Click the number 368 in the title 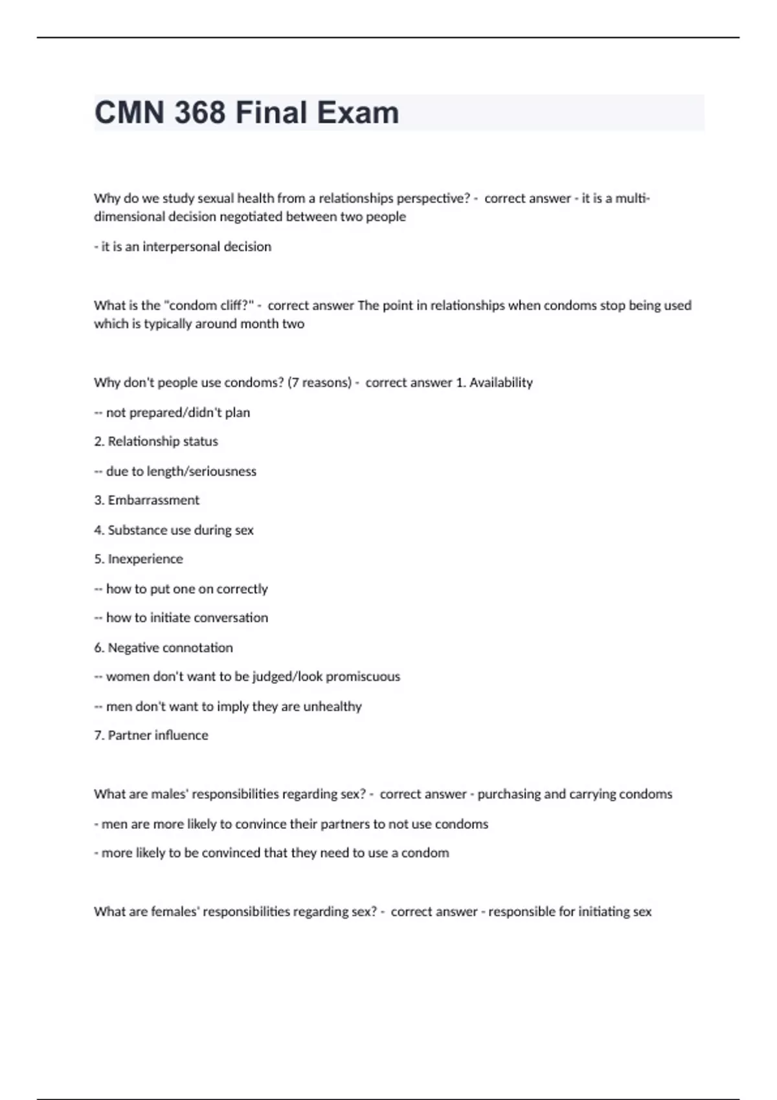tap(199, 113)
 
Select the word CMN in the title tap(129, 113)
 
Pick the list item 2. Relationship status tap(156, 441)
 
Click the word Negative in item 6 tap(133, 648)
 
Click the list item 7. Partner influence tap(151, 736)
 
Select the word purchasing tap(509, 795)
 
